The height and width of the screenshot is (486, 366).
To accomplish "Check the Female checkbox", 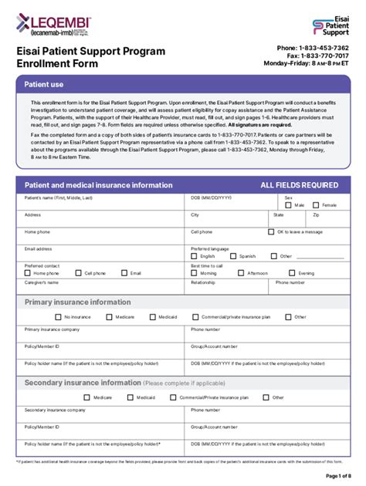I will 317,205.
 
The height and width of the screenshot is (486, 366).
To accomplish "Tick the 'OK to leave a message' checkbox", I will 271,231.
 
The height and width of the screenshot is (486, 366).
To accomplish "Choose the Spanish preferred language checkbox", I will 233,256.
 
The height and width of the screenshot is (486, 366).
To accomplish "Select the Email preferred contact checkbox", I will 125,273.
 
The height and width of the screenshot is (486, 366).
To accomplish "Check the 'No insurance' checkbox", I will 59,316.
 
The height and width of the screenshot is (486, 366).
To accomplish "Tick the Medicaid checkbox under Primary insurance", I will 151,316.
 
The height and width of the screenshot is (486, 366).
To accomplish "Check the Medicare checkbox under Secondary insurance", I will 87,397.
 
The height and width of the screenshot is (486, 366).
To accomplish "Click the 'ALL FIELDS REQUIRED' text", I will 299,185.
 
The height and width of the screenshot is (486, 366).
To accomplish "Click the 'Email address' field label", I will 38,248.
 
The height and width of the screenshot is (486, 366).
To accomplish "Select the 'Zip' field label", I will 316,214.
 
